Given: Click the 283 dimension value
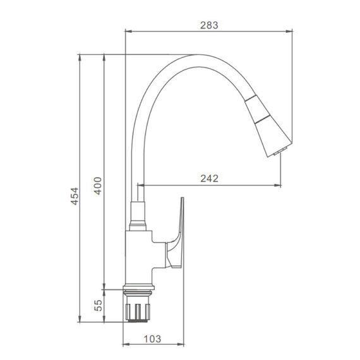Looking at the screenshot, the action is [x=209, y=25].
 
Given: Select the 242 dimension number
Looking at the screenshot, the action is [x=209, y=178].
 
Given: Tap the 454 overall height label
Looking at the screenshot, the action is [x=75, y=196].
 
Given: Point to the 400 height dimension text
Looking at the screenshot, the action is [x=98, y=186].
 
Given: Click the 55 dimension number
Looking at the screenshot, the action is [x=99, y=305].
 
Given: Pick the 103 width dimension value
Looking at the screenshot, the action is [x=152, y=339].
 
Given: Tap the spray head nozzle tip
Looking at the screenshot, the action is [x=280, y=152].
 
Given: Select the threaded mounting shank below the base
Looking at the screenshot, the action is [x=138, y=308].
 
